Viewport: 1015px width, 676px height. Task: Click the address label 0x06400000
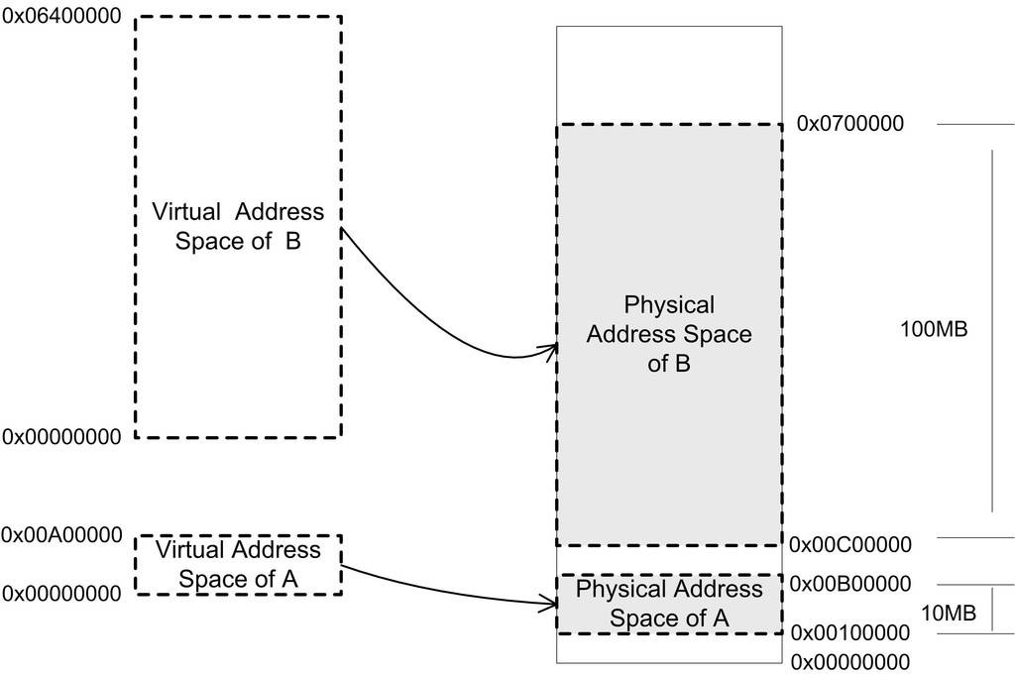tap(61, 18)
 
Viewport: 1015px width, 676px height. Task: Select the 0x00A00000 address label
tap(61, 535)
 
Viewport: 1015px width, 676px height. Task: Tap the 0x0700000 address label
tap(849, 125)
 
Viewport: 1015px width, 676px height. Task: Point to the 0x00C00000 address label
tap(849, 544)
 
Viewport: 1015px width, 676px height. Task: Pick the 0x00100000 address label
tap(849, 632)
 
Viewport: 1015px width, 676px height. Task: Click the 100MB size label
tap(933, 329)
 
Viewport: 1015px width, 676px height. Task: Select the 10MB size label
tap(949, 615)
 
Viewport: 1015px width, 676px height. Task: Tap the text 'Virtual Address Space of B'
tap(238, 226)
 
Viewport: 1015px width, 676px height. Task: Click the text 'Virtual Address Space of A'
tap(238, 563)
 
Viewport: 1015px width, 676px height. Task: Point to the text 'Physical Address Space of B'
tap(669, 333)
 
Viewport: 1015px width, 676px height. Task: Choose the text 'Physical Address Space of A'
tap(669, 604)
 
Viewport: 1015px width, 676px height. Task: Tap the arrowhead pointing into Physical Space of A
tap(547, 601)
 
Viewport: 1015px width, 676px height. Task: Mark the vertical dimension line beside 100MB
tap(992, 331)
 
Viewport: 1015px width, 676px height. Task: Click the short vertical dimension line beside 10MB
tap(992, 609)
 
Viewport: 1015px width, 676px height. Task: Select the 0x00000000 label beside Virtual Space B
tap(61, 436)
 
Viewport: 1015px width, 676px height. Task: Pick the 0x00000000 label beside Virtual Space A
tap(61, 594)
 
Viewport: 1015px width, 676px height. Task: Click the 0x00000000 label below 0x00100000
tap(849, 661)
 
